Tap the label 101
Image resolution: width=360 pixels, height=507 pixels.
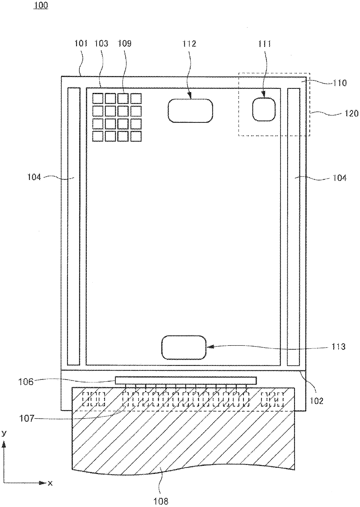click(x=81, y=44)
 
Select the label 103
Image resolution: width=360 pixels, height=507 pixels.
click(x=101, y=44)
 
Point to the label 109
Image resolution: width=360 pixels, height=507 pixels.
click(x=124, y=44)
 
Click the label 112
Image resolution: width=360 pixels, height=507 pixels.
click(x=189, y=44)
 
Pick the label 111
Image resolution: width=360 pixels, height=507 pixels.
click(x=264, y=44)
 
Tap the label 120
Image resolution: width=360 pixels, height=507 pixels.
click(x=352, y=113)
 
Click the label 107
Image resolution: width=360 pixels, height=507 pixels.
click(x=27, y=418)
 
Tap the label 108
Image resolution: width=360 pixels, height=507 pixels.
click(x=161, y=501)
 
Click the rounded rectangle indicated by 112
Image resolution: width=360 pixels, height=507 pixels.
click(x=190, y=111)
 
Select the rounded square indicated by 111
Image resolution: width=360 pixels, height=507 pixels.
click(x=264, y=109)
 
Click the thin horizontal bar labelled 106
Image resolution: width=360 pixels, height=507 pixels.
click(x=186, y=380)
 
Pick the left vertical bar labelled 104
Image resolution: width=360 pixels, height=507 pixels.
click(x=73, y=226)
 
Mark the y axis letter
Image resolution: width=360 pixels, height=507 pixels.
click(x=4, y=434)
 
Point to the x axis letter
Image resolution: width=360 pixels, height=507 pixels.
click(x=50, y=483)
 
